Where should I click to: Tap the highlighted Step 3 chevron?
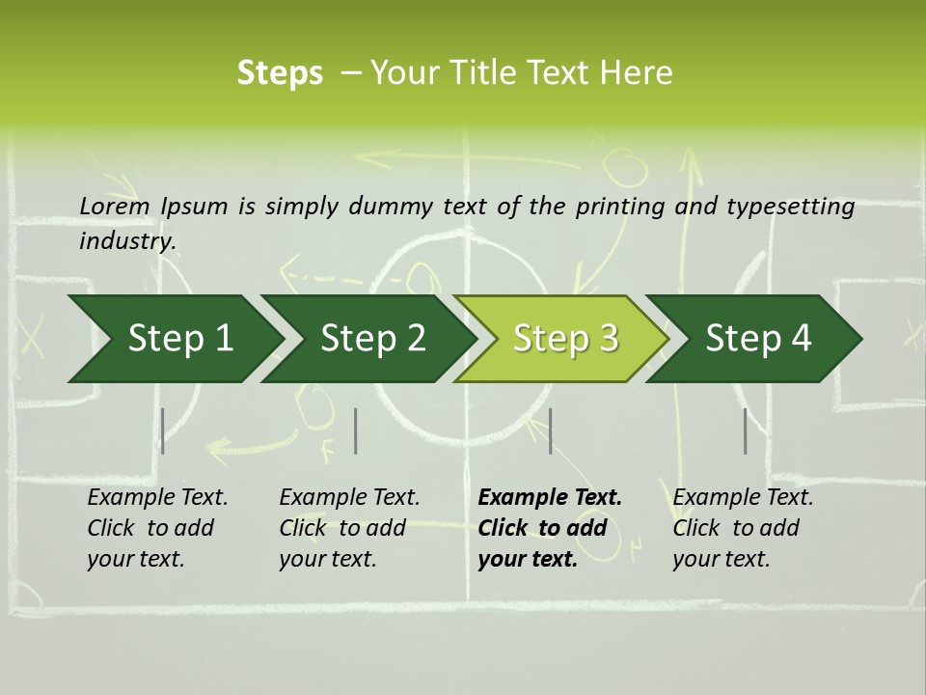[x=565, y=338]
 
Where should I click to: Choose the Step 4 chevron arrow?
[x=758, y=338]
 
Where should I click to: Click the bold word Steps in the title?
[x=280, y=72]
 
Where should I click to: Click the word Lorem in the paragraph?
[x=117, y=206]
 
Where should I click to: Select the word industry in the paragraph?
[x=126, y=240]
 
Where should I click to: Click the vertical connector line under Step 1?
[x=163, y=431]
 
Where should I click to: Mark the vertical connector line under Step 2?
[x=356, y=431]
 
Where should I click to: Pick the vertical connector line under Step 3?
[x=550, y=431]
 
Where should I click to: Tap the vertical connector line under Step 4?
[x=745, y=431]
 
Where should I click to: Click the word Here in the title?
[x=641, y=72]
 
